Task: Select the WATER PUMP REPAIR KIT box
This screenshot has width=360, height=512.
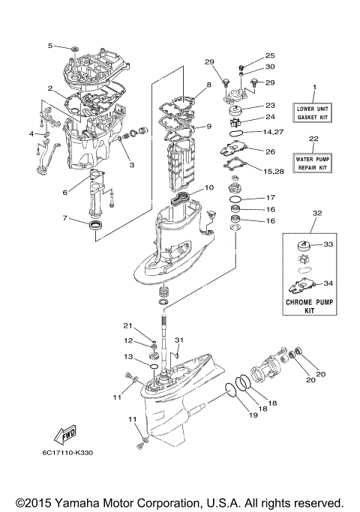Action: pos(314,163)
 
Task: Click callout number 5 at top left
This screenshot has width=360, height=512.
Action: pos(50,46)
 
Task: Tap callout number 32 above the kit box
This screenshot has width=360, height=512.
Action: pos(316,214)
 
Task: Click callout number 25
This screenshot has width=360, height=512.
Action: pos(270,55)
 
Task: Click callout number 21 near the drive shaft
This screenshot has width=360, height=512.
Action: pos(127,325)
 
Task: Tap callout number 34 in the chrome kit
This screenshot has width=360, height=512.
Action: pos(328,283)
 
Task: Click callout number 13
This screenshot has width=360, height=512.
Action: pos(128,356)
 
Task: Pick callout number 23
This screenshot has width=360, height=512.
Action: pos(270,105)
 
